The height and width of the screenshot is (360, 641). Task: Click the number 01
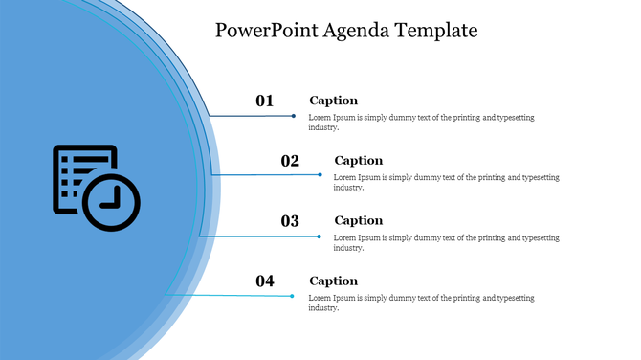pos(265,101)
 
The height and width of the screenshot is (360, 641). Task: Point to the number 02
pos(290,161)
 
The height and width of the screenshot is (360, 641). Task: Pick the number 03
pos(290,221)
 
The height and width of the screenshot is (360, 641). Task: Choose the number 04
pos(265,281)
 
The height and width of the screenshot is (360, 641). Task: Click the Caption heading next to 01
pos(333,101)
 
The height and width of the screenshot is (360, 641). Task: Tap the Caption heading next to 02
pos(358,161)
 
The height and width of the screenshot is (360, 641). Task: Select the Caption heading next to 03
pos(358,221)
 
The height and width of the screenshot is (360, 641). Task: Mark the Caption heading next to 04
pos(333,281)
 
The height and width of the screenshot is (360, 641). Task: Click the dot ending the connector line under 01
pos(294,116)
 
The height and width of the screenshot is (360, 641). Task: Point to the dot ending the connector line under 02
pos(320,175)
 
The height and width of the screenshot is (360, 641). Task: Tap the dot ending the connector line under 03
pos(320,236)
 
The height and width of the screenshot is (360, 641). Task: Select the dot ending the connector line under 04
pos(294,296)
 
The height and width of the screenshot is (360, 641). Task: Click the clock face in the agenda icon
pos(112,202)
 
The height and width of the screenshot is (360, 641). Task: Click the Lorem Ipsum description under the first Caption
pos(421,122)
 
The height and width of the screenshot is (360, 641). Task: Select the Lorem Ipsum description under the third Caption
pos(446,242)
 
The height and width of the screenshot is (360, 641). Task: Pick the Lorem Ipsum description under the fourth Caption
pos(421,303)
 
